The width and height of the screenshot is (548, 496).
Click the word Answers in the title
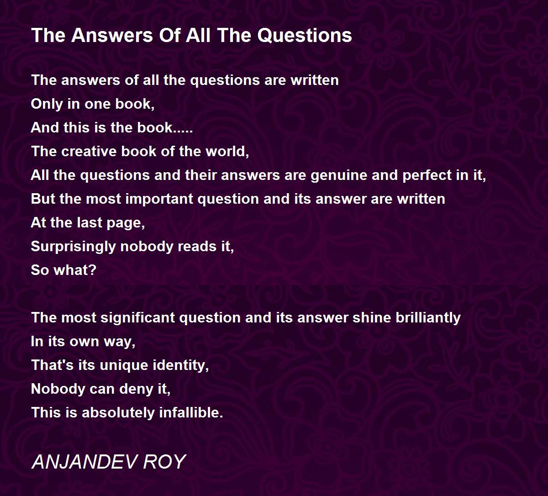[112, 36]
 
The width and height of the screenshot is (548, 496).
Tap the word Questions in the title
[305, 36]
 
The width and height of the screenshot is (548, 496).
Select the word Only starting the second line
[47, 104]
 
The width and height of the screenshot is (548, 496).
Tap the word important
[159, 199]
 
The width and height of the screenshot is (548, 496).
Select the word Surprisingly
[74, 247]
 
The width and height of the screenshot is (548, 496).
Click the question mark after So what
[93, 270]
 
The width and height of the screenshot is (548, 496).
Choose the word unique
[124, 365]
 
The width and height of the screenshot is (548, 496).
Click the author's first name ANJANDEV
[84, 462]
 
